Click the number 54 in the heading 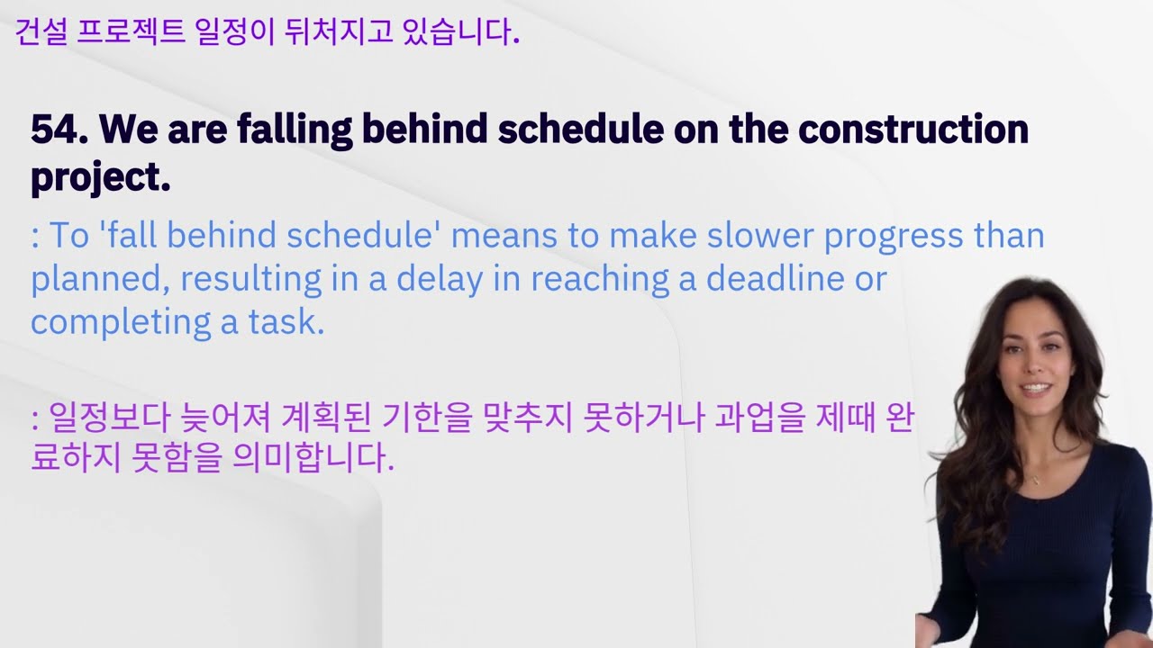tap(52, 130)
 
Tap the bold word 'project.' tap(100, 178)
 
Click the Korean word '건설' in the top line tap(40, 34)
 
